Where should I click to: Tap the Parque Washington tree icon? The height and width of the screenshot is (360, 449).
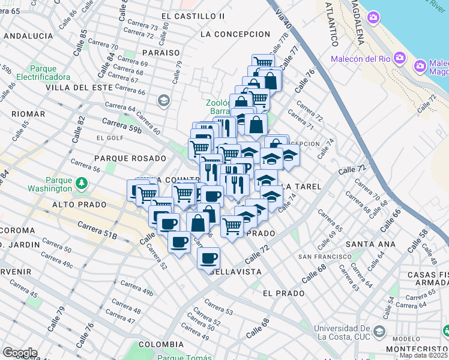80,181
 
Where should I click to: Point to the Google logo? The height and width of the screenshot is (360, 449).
19,352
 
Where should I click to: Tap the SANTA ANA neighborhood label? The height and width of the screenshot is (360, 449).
370,244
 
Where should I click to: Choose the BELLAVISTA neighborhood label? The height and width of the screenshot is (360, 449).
235,272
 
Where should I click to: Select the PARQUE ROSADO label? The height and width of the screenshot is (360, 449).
130,158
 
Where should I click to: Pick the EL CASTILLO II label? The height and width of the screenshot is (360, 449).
193,15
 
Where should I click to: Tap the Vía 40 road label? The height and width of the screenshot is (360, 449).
283,20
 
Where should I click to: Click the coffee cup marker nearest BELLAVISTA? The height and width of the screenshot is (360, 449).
208,258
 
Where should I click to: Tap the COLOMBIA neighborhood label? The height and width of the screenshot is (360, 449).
161,344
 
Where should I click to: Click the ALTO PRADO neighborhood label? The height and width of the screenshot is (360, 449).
79,205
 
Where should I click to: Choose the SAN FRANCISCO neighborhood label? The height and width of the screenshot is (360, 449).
321,257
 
